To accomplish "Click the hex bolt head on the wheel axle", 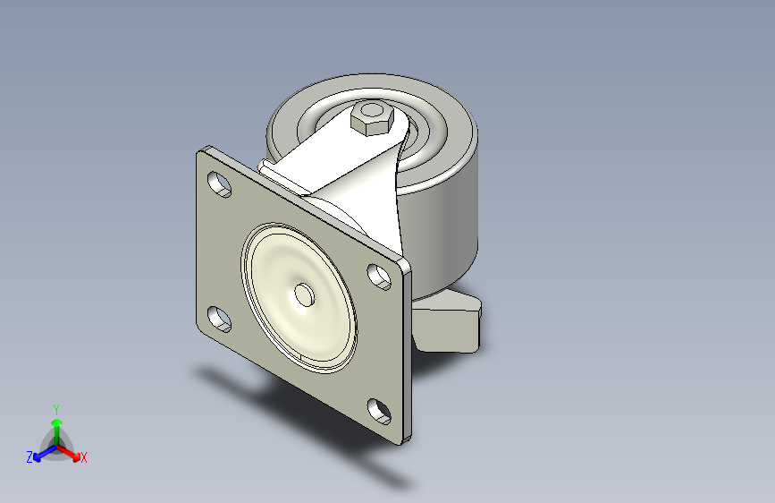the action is click(372, 118).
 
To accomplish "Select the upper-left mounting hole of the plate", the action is click(220, 184).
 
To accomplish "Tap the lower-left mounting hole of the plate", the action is click(220, 319).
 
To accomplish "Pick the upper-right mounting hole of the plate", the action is click(379, 277).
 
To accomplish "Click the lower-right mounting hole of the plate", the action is click(380, 411).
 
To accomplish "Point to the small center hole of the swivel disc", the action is click(305, 294).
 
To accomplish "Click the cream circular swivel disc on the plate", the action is click(299, 297).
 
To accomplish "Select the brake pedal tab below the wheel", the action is click(447, 322).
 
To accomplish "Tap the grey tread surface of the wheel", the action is click(455, 223).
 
